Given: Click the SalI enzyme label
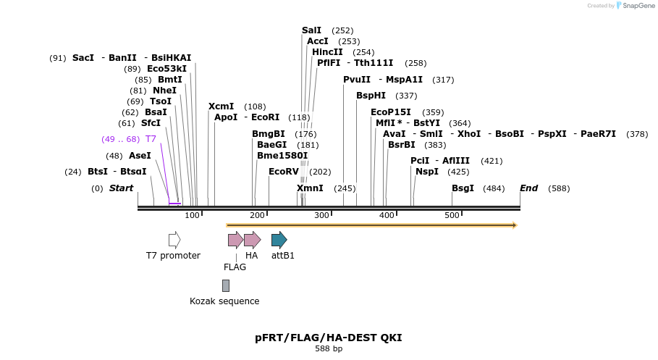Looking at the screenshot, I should tap(311, 30).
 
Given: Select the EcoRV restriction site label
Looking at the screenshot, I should tap(283, 172).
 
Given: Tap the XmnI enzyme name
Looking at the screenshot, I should tap(310, 188).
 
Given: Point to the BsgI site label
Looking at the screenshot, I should tap(463, 188).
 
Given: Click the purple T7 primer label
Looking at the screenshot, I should tap(151, 138).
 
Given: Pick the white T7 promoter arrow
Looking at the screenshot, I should tap(174, 240).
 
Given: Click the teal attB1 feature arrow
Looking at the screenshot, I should tap(279, 240).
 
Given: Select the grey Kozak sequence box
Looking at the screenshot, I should tap(226, 285).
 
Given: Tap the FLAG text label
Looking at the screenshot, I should tap(235, 267).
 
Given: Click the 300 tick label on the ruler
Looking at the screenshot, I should tap(321, 215).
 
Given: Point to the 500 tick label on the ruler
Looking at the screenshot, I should tap(452, 215).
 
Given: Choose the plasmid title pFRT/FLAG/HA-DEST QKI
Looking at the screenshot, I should tap(328, 338).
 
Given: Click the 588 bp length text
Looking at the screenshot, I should tap(329, 349).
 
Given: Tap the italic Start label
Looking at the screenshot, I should tap(121, 188).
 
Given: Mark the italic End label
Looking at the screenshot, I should tap(528, 188).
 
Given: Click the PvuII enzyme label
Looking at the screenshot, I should tap(357, 80).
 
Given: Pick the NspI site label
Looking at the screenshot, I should tap(427, 172).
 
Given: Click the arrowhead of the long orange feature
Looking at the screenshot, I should tap(514, 225).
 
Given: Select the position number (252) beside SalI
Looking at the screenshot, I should tap(342, 30).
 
